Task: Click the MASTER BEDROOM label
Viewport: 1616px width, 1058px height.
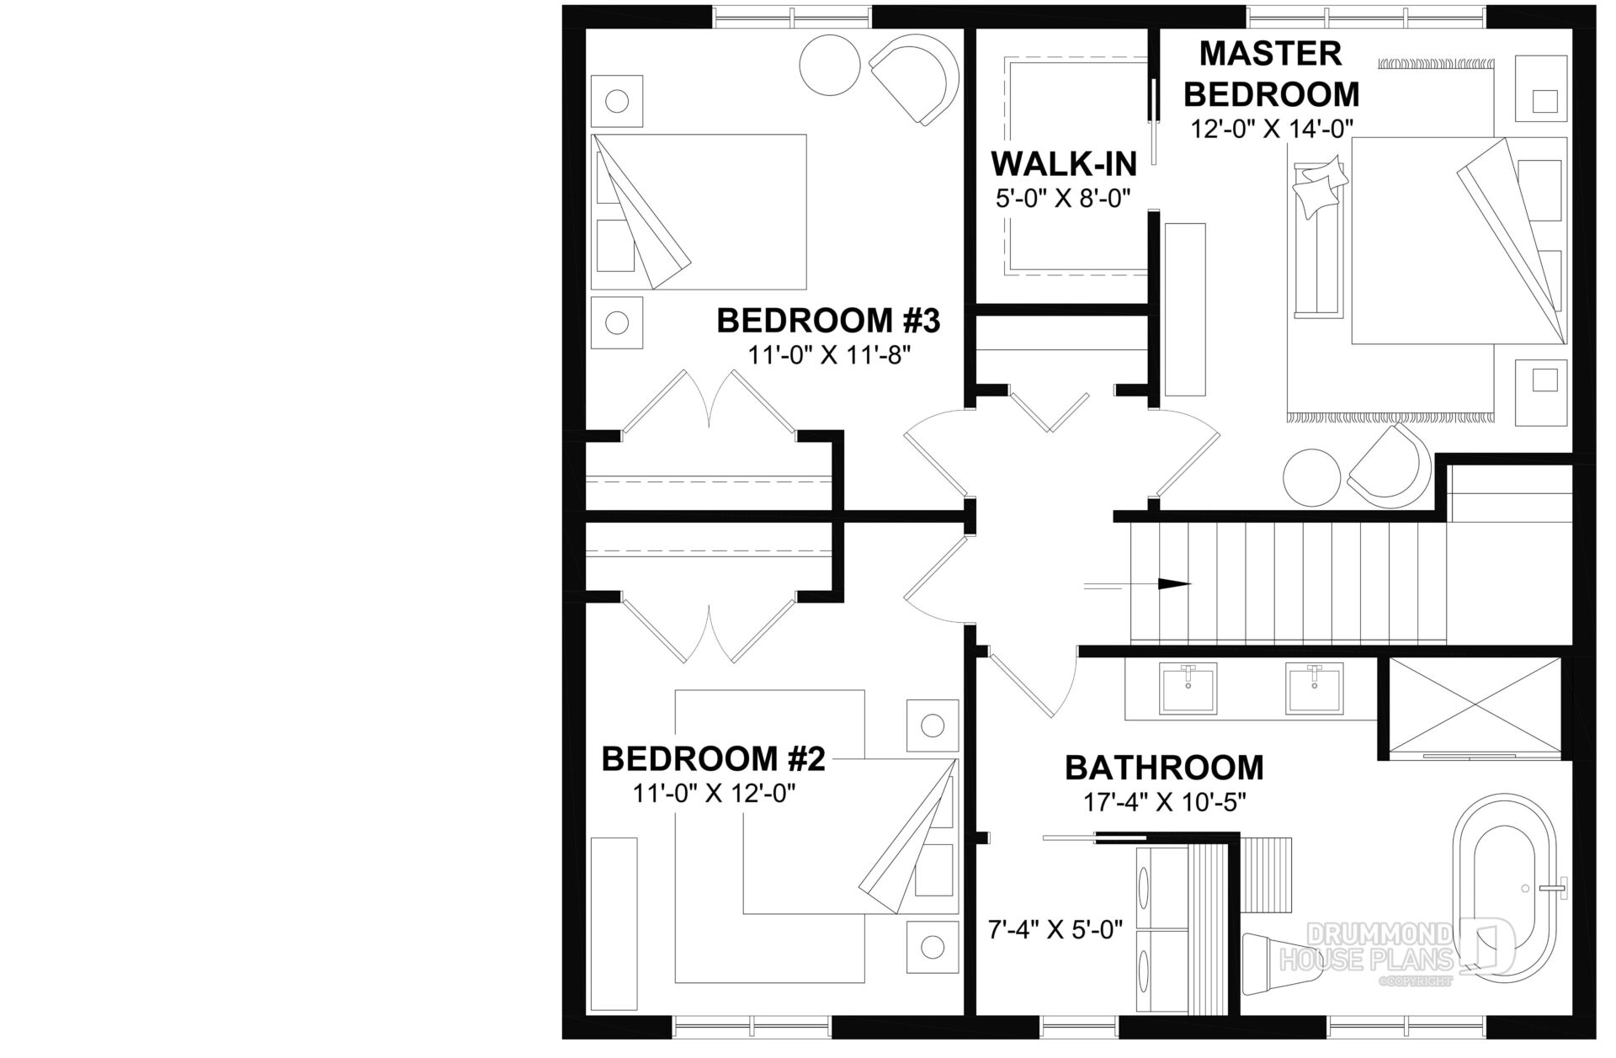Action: click(x=1271, y=74)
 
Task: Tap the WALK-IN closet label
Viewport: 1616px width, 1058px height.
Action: click(x=1064, y=162)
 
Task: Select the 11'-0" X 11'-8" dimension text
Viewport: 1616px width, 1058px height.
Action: click(x=830, y=355)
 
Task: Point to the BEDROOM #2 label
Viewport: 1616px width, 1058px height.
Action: click(x=713, y=759)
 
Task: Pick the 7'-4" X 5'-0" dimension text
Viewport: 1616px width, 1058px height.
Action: click(x=1055, y=930)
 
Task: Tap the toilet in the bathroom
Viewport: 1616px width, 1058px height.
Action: click(x=1276, y=960)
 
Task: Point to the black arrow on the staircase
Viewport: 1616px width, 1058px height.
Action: click(x=1175, y=583)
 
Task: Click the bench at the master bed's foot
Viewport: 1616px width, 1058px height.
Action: click(x=1318, y=239)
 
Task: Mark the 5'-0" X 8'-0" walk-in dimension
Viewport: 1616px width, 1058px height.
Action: click(x=1062, y=198)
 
